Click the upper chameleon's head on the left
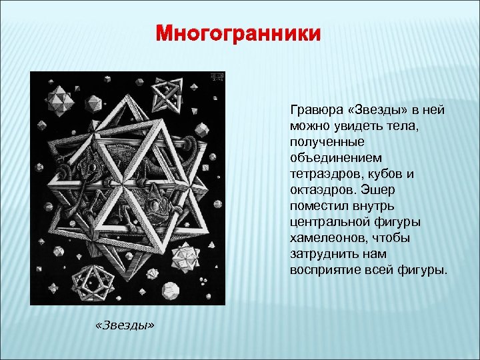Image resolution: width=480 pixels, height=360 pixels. (x=99, y=166)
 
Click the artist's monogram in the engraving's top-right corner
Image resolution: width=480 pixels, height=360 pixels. (x=215, y=79)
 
